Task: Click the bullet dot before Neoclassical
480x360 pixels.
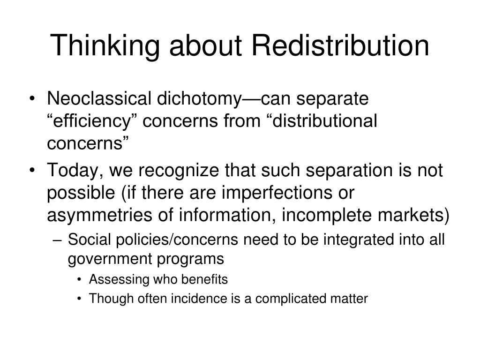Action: (x=37, y=100)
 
